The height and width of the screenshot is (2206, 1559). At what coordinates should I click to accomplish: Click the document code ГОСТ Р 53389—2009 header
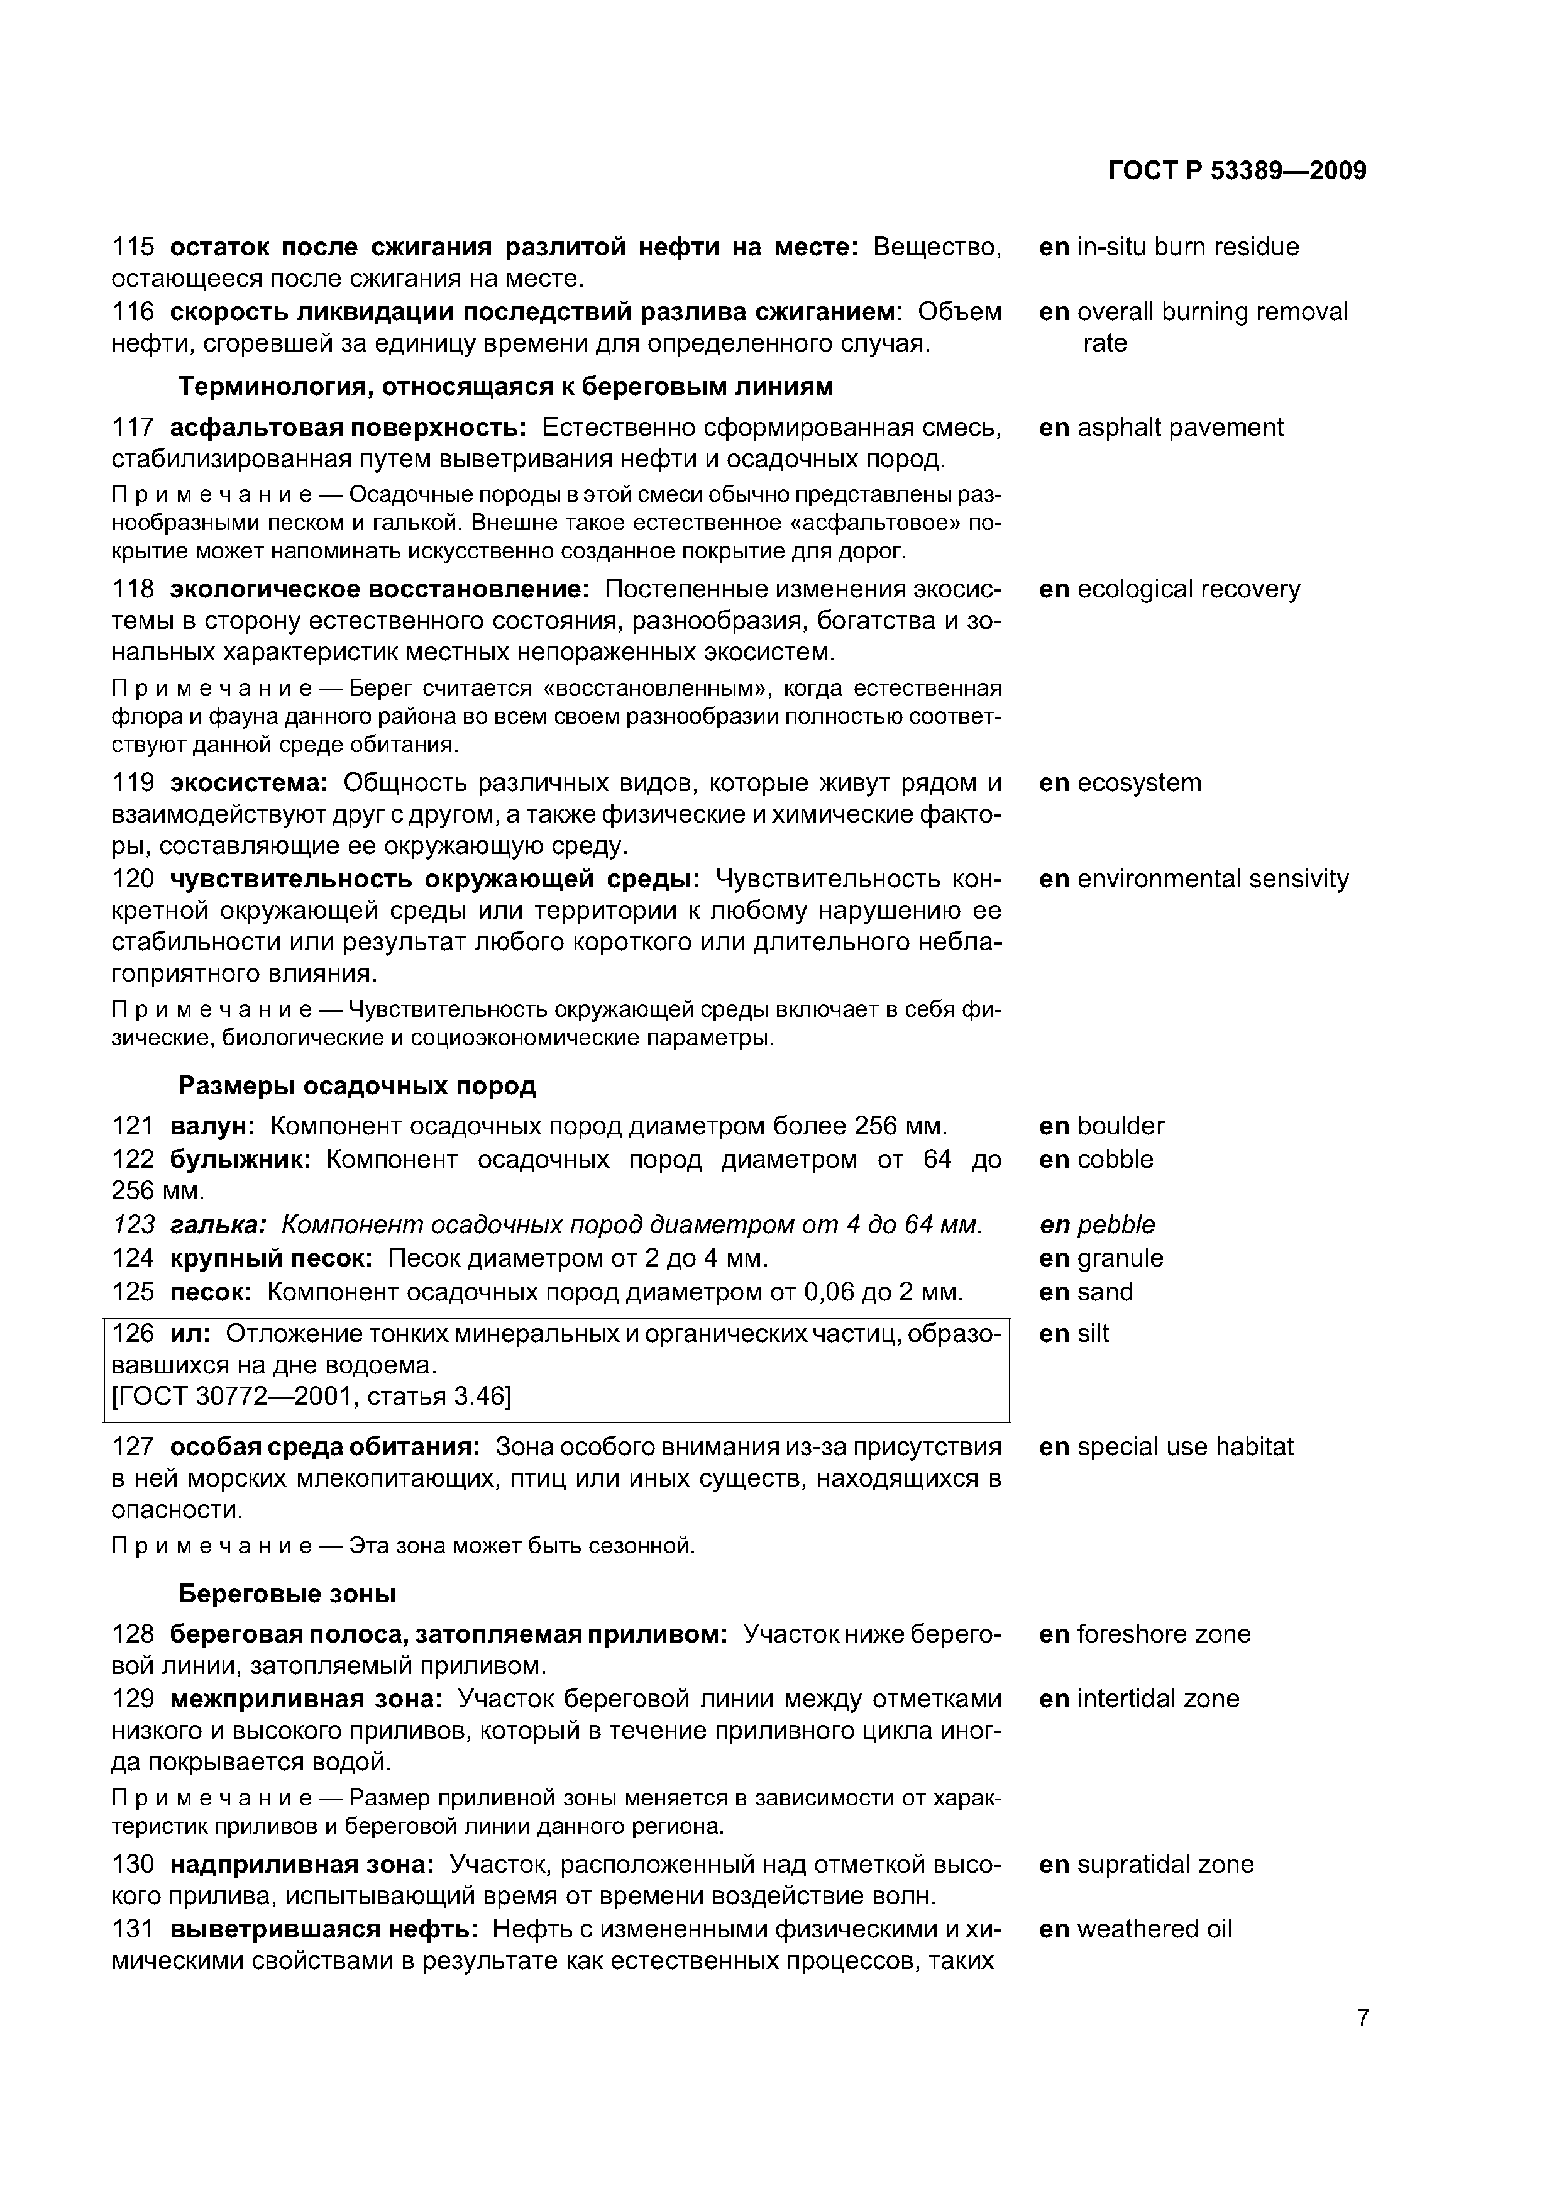coord(1237,171)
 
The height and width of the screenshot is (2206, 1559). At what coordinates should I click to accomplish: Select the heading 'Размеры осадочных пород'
coord(357,1085)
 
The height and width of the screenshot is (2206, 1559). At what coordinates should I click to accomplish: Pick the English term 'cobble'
coord(1115,1159)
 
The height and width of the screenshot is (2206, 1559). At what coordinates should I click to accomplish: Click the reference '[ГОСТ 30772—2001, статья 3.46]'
coord(312,1395)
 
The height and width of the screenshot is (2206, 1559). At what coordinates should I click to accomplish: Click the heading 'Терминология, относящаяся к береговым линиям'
coord(505,386)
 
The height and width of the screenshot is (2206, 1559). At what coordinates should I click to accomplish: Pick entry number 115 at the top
coord(133,247)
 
